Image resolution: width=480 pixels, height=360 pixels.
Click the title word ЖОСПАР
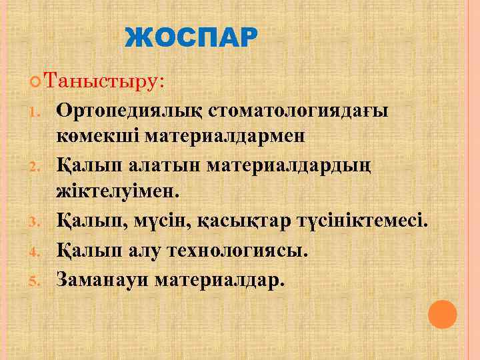190,39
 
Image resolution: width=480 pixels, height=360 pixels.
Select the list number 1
37,111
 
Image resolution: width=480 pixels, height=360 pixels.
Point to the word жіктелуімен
118,192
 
